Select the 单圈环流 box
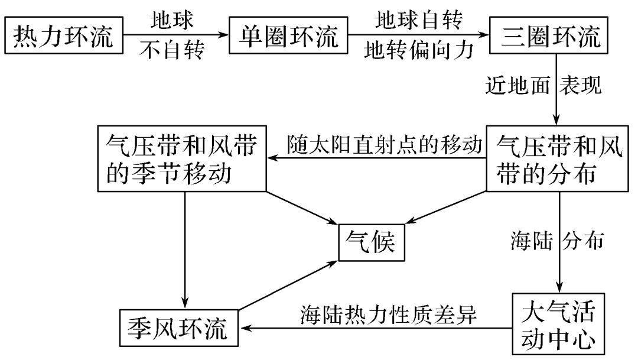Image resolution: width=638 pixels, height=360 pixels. point(289,37)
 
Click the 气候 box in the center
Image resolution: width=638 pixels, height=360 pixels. point(372,242)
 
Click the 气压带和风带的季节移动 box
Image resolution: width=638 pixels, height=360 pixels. point(183,158)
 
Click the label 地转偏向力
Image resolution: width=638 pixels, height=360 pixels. point(419,52)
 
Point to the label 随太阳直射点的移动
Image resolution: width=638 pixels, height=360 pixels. point(385,144)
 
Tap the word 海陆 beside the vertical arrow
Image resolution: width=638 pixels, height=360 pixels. point(530,241)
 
